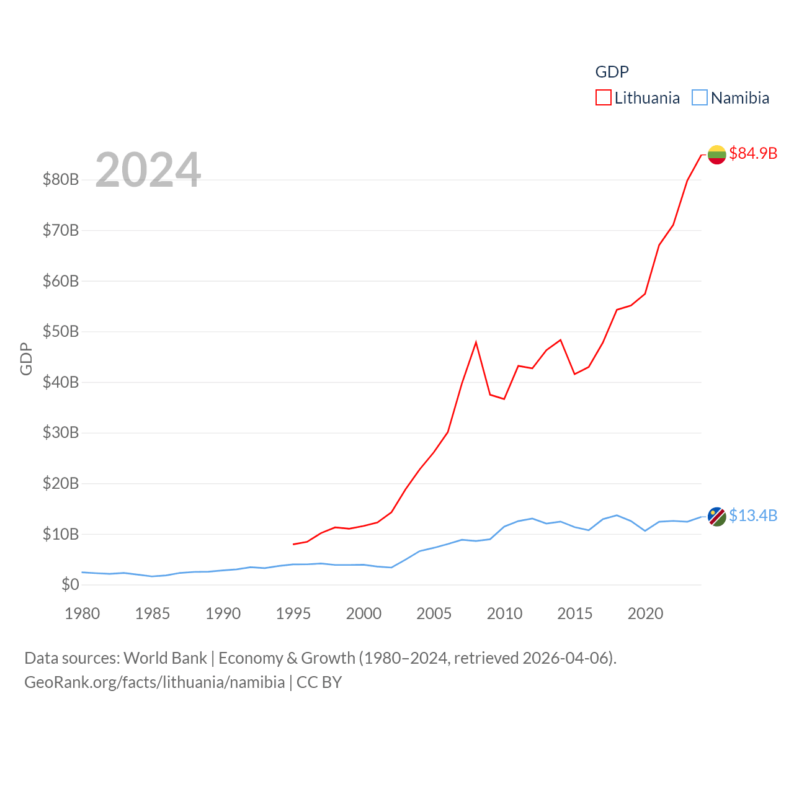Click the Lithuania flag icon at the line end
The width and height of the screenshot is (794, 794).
click(716, 154)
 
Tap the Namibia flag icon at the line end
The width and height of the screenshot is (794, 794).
click(716, 516)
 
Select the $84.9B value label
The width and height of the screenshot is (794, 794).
click(753, 153)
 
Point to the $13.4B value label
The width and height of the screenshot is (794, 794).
click(753, 515)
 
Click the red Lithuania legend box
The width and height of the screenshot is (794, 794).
click(603, 98)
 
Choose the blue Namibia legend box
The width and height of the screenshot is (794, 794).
click(699, 98)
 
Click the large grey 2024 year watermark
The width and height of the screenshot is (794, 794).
click(148, 170)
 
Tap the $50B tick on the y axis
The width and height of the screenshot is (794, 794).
click(61, 331)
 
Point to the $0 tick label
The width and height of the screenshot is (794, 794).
click(70, 584)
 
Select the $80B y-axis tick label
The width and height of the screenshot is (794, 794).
click(61, 179)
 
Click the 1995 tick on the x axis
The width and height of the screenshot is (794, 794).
click(293, 613)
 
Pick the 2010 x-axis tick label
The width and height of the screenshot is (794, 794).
click(504, 613)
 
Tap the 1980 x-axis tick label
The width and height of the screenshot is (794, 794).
click(83, 613)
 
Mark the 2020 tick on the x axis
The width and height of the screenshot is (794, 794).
click(645, 613)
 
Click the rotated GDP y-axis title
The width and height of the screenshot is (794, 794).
click(26, 359)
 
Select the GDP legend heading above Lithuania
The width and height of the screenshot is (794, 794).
click(612, 72)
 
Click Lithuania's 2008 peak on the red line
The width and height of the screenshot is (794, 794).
click(476, 342)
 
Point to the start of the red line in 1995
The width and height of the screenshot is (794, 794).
click(293, 544)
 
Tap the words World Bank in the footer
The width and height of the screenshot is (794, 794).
click(166, 658)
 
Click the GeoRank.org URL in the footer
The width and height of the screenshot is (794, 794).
click(154, 682)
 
